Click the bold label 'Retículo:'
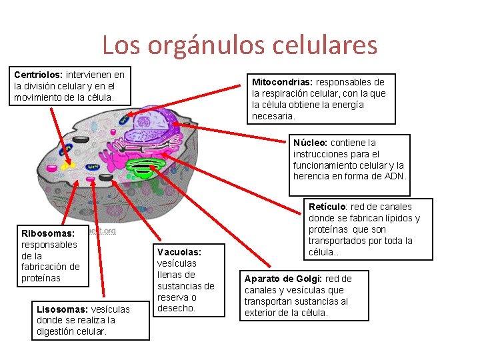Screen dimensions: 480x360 (x=328, y=207)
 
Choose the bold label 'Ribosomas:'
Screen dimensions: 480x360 (x=48, y=233)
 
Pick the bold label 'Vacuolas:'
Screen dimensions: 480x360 (x=179, y=252)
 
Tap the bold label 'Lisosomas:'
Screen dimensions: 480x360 (x=62, y=309)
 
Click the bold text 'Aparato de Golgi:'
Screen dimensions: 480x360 (x=282, y=279)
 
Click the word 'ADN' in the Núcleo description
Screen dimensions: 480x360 (x=393, y=176)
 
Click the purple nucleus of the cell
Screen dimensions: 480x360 (x=154, y=123)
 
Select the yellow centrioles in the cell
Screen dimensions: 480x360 (x=67, y=164)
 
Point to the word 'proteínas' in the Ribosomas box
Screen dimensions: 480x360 (x=41, y=278)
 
